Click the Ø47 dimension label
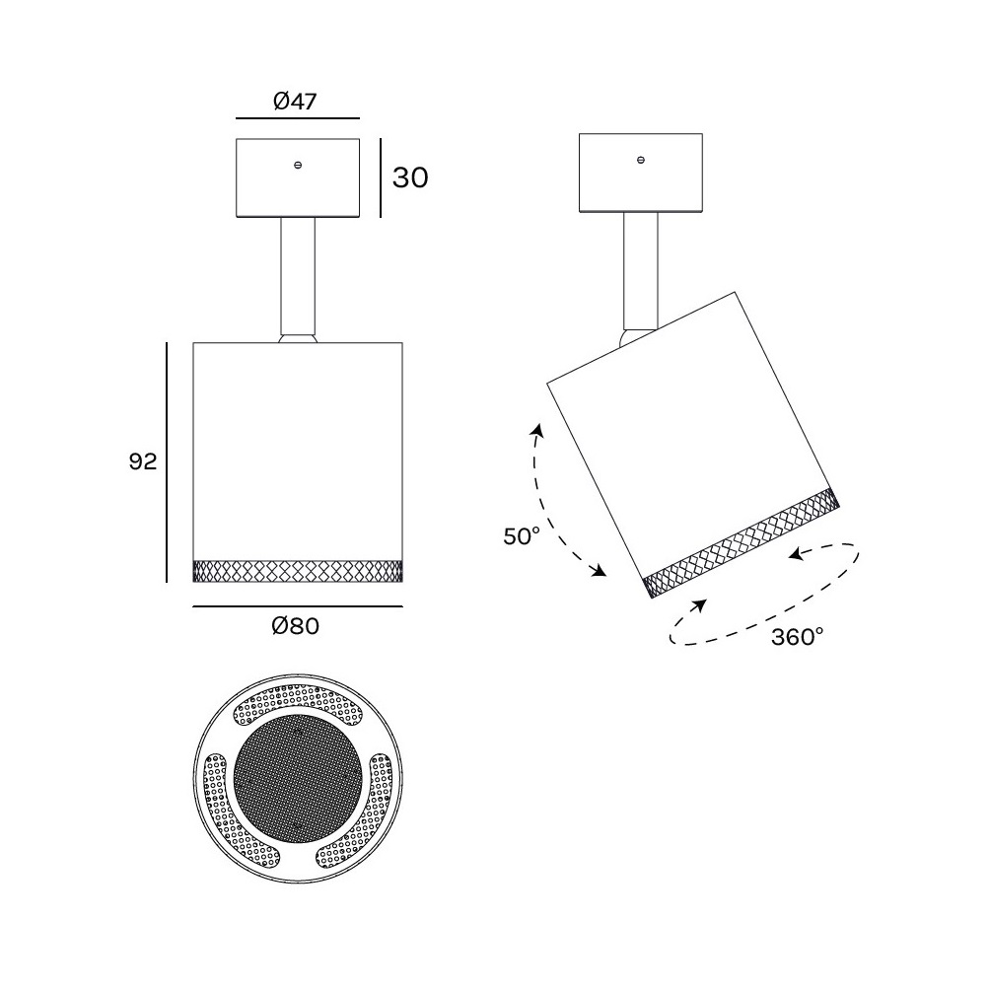(x=295, y=101)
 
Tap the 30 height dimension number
(x=410, y=178)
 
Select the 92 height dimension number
(x=143, y=461)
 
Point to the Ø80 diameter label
(x=296, y=626)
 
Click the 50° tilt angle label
(x=522, y=536)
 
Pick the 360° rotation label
(x=798, y=637)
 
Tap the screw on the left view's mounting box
(x=298, y=166)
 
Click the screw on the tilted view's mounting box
(x=641, y=161)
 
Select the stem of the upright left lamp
(x=298, y=276)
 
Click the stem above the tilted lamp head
(x=641, y=270)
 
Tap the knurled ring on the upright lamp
(x=298, y=571)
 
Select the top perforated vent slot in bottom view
(x=299, y=705)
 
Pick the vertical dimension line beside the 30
(x=381, y=178)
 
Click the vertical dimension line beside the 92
(x=167, y=462)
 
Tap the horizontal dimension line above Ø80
(x=298, y=606)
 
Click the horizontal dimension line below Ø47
(x=298, y=118)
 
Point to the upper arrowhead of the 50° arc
(x=538, y=431)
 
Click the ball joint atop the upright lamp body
(x=298, y=338)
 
